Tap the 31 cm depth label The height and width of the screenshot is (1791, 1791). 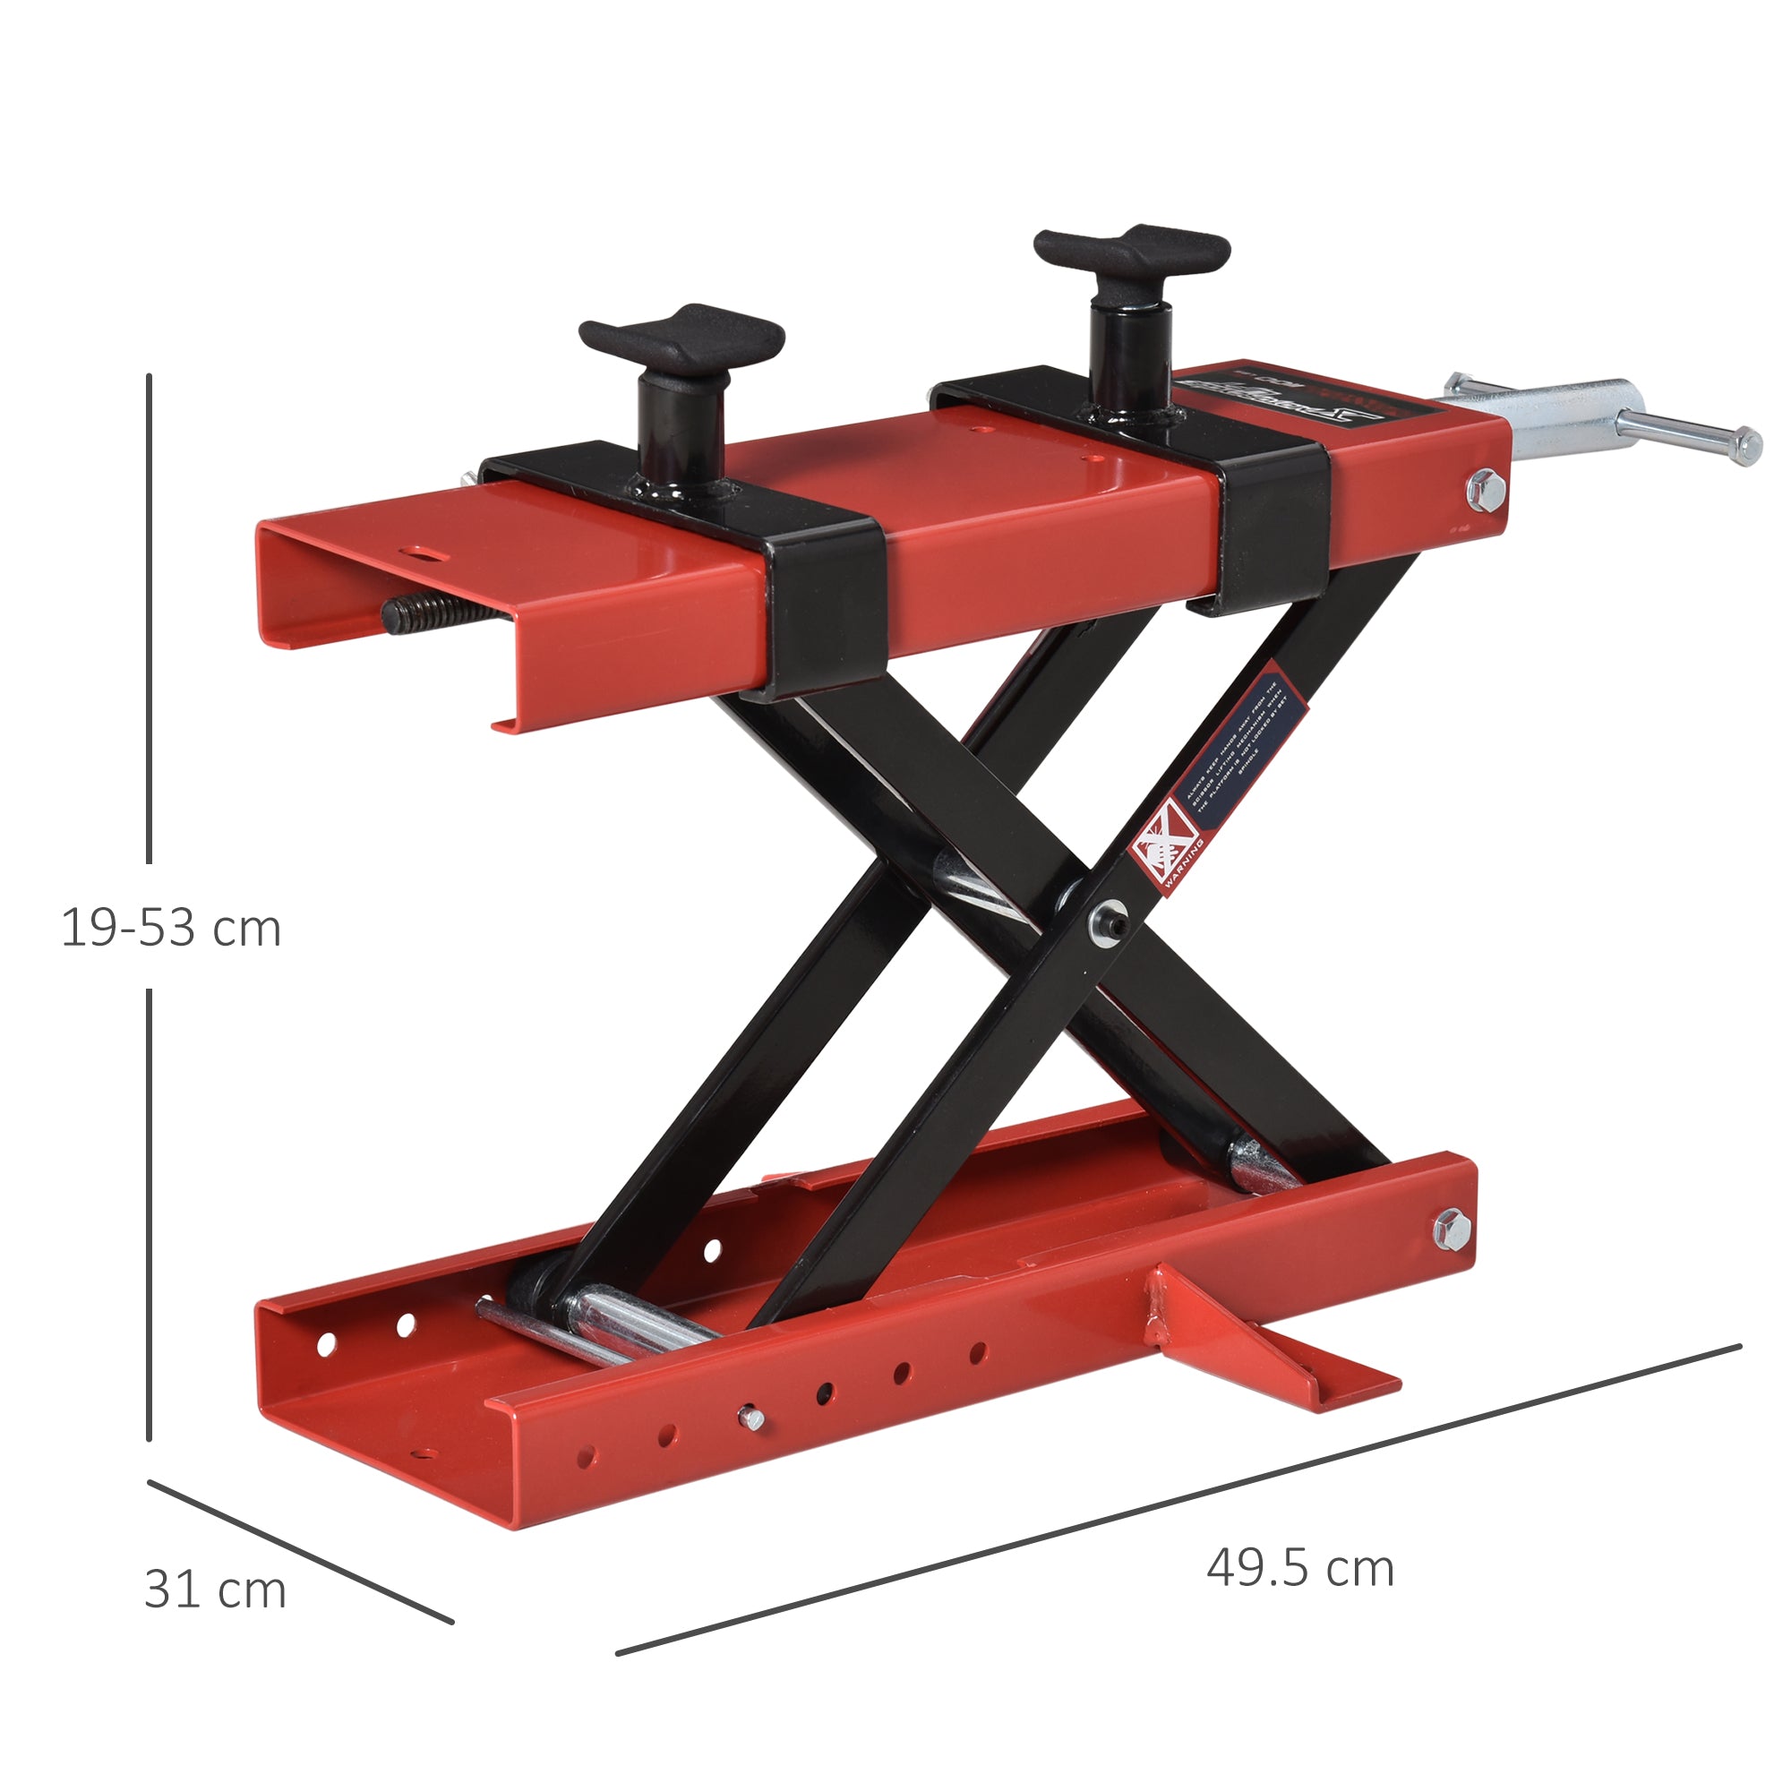click(x=215, y=1590)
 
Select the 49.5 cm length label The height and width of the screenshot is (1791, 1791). click(x=1299, y=1569)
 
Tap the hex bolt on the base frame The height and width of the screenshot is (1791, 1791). click(x=1451, y=1230)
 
